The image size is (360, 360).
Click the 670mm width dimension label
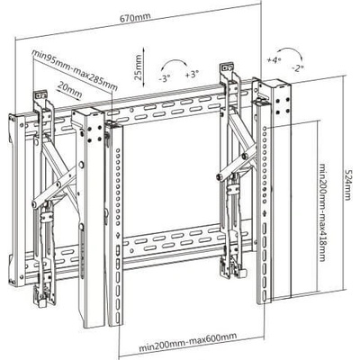(x=135, y=17)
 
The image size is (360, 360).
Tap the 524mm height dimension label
(x=347, y=184)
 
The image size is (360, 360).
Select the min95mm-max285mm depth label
(x=75, y=70)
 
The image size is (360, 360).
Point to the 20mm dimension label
(x=69, y=90)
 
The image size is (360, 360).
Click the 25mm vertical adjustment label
(x=138, y=67)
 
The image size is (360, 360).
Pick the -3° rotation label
(x=165, y=78)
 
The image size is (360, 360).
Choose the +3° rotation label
(x=192, y=74)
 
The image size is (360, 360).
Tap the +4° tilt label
(x=274, y=59)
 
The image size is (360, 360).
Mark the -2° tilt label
(x=298, y=67)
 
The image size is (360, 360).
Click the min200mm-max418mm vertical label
(x=322, y=212)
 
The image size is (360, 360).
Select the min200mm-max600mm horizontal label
(x=188, y=342)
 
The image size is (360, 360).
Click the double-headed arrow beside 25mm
(x=145, y=67)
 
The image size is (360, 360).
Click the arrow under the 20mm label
(x=69, y=96)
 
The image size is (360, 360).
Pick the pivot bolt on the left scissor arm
(x=35, y=204)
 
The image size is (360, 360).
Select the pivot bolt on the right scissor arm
(x=219, y=177)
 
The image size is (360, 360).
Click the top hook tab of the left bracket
(x=40, y=94)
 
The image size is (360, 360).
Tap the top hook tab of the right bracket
(x=227, y=67)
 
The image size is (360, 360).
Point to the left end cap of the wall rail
(x=17, y=199)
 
